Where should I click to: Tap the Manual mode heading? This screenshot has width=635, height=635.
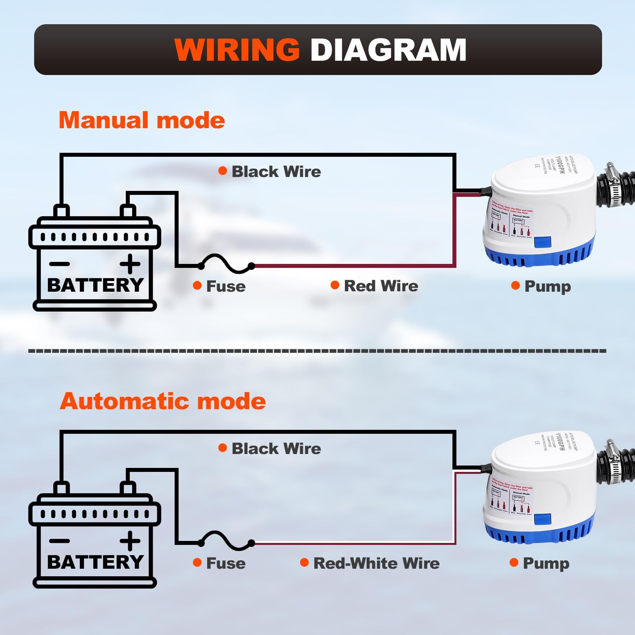142,120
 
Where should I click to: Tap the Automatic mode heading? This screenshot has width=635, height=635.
163,401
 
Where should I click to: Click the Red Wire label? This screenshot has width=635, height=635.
381,286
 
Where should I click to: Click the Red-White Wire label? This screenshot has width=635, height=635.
376,563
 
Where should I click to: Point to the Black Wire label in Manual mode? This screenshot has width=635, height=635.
276,171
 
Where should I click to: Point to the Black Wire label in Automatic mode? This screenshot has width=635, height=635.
276,448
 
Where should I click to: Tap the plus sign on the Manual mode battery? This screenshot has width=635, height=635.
130,264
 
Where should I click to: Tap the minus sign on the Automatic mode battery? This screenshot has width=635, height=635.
60,541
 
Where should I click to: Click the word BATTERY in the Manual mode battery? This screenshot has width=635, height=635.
95,285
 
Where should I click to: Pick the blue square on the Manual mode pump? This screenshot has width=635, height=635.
543,242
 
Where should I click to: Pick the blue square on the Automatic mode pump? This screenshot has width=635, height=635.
543,519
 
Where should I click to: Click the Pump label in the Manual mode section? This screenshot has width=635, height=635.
547,286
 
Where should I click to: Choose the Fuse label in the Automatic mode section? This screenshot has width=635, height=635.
225,563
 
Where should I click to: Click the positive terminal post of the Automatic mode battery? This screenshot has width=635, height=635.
128,488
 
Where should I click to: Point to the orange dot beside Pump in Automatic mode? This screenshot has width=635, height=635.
514,562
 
